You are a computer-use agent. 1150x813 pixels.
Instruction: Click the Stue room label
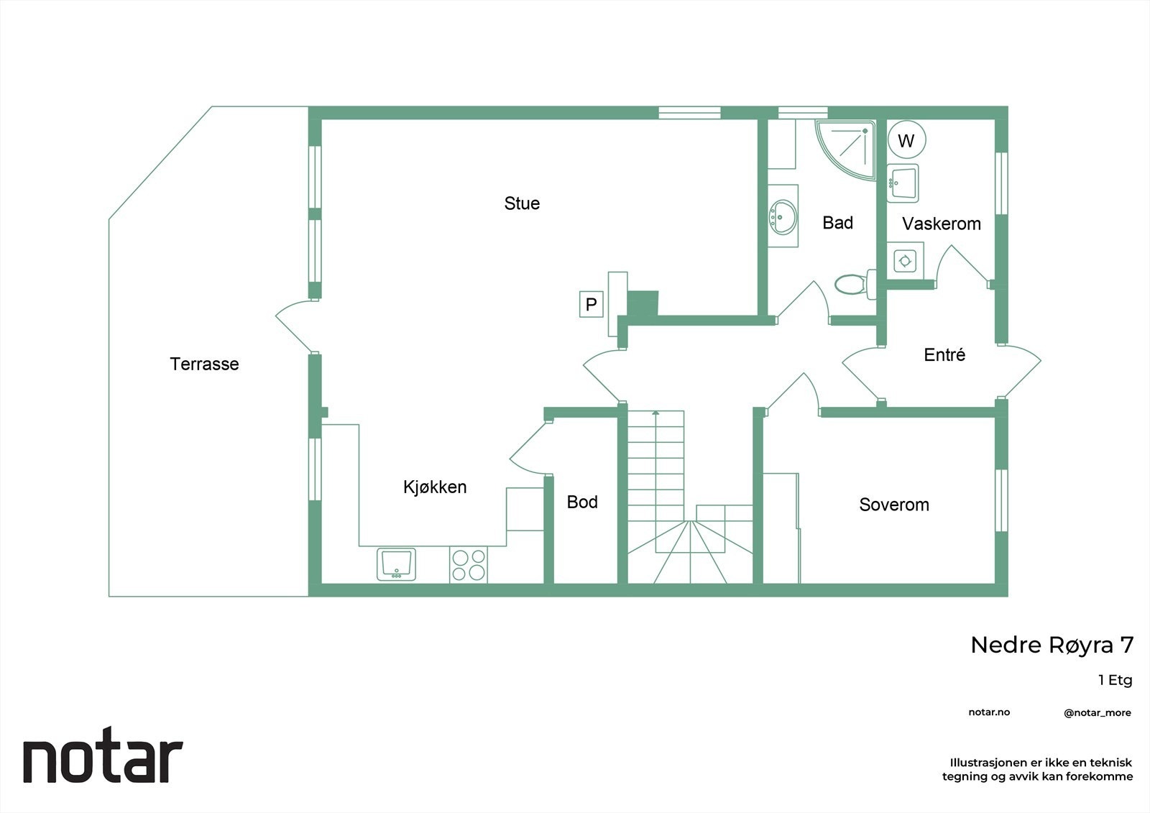522,203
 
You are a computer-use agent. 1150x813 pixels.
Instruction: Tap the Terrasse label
204,364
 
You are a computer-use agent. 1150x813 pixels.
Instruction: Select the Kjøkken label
435,487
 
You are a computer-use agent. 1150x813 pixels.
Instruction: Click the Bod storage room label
582,502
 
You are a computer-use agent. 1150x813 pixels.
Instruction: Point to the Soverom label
894,505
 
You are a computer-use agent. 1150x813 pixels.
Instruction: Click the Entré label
944,354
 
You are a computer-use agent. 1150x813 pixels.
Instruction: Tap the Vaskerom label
942,224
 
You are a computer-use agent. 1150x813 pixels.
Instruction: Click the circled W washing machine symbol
906,140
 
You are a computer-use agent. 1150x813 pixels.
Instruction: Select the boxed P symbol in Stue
591,304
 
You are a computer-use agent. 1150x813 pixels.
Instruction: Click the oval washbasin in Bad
783,216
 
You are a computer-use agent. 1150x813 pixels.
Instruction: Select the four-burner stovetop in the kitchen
469,564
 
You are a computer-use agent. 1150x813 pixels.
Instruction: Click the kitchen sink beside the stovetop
396,564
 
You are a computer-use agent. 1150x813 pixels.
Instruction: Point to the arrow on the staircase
655,413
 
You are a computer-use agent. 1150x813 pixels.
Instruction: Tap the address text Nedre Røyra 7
1052,645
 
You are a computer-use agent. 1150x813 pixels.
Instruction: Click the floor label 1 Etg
1115,680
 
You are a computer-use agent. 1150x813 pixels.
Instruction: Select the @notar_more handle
1097,713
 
